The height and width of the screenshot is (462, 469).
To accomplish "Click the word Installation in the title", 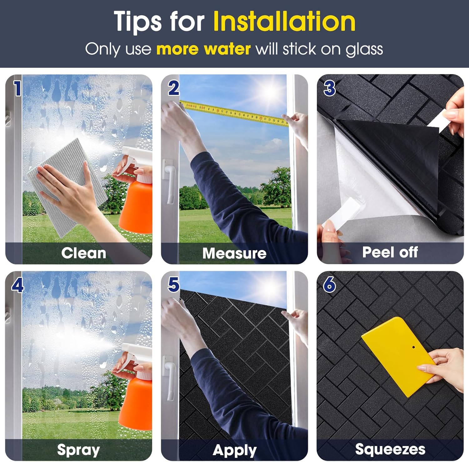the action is pos(284,21).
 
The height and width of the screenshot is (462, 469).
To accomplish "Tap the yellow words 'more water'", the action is pos(204,49).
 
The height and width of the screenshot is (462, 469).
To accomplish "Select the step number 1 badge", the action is pos(18,88).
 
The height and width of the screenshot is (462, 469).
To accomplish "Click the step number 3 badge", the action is pos(330,88).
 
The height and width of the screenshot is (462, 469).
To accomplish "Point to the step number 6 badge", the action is pos(330,285).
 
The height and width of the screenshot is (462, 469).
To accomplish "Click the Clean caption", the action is pos(83,253).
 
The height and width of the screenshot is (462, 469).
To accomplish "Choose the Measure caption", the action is pos(234,253).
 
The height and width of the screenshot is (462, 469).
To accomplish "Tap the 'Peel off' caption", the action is pos(390,252).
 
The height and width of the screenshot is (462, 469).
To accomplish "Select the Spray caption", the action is pos(78,450).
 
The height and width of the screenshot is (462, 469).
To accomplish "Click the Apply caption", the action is pos(234,450).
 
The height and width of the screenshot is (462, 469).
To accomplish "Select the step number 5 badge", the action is pos(174,285).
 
